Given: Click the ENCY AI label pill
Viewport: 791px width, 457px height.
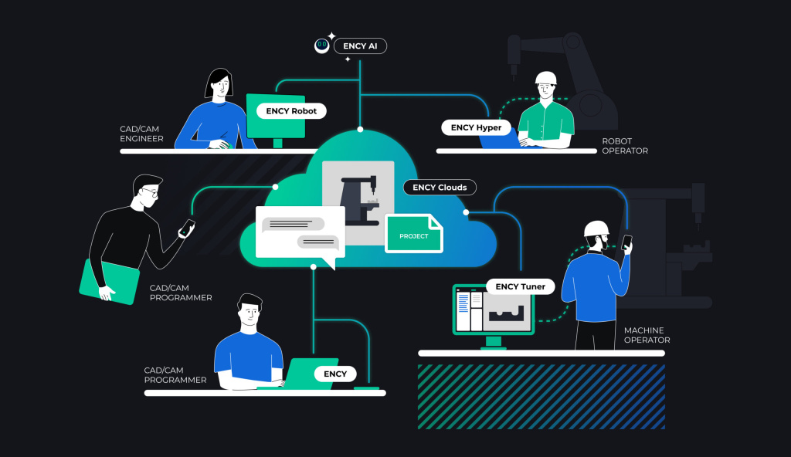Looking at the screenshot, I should coord(360,46).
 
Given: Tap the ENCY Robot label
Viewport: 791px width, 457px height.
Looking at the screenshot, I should coord(291,111).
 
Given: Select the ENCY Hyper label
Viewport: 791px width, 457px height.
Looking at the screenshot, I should coord(476,127).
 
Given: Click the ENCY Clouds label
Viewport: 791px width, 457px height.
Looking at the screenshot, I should coord(440,188).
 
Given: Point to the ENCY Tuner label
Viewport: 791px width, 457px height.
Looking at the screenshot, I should coord(521,286).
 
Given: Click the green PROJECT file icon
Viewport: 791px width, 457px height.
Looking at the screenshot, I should coord(415,234).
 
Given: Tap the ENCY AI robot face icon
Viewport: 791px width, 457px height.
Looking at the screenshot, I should coord(321,46).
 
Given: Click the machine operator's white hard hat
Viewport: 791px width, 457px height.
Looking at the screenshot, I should coord(596,228).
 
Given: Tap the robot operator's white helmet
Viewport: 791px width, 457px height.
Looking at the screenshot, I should coord(547,78).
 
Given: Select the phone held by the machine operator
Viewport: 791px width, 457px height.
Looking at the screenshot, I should coord(626,242).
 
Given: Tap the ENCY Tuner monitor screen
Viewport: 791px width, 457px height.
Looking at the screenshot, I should coord(493,310).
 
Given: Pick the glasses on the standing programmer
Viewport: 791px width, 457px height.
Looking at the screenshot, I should coord(151,193).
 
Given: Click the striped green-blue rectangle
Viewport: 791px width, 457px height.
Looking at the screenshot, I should coord(541,396).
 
